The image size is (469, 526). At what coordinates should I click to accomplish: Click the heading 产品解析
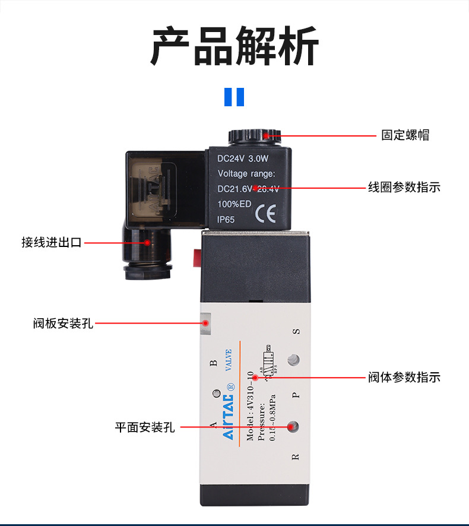[x=235, y=46]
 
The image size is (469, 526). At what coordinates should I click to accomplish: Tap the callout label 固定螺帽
[x=405, y=135]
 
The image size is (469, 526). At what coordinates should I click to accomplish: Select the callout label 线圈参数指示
[x=404, y=188]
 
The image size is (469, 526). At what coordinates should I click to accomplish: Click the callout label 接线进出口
[x=51, y=242]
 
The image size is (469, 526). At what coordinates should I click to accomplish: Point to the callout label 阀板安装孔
[x=63, y=324]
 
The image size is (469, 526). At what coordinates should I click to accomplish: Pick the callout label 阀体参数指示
[x=404, y=377]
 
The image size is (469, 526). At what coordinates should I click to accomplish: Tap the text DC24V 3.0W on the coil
[x=243, y=159]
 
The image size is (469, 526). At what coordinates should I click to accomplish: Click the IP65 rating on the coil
[x=226, y=219]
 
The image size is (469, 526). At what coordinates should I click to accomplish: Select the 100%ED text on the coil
[x=235, y=204]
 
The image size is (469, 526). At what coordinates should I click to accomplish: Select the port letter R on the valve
[x=296, y=457]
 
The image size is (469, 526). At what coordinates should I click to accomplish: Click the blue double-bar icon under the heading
[x=235, y=97]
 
